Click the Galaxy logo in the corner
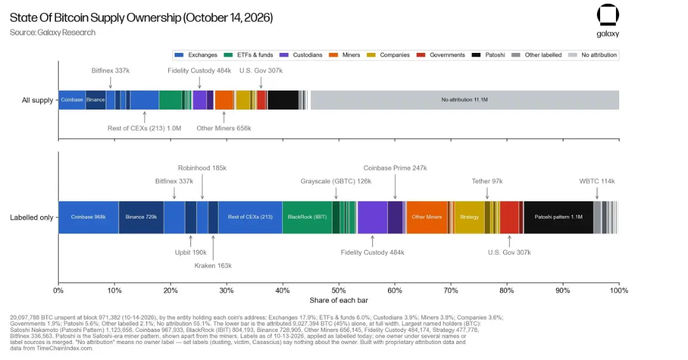click(x=608, y=20)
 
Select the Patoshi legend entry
click(x=489, y=55)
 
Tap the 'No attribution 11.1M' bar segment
click(x=464, y=100)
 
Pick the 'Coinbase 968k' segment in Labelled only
click(x=88, y=217)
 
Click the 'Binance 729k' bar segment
click(x=141, y=217)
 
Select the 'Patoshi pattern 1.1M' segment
click(x=558, y=217)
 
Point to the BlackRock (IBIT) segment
click(x=307, y=217)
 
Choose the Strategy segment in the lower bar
click(x=469, y=217)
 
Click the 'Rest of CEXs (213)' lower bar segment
click(x=250, y=217)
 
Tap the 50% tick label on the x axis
click(x=339, y=291)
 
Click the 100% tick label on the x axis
click(x=619, y=291)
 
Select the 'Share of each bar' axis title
click(x=339, y=300)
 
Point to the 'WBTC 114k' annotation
click(x=597, y=181)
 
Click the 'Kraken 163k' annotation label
click(x=213, y=266)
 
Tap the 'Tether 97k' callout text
click(x=487, y=181)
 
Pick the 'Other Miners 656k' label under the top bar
click(x=224, y=128)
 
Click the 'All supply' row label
click(x=38, y=100)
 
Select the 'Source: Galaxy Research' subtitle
click(x=53, y=32)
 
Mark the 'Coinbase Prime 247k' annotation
click(x=395, y=168)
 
